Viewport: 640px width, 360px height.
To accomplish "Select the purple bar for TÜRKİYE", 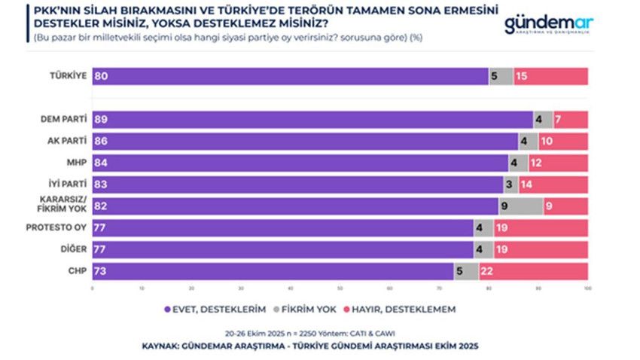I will point(290,76).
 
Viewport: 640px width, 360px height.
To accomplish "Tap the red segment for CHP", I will point(533,271).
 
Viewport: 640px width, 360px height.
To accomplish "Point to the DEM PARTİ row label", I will point(64,119).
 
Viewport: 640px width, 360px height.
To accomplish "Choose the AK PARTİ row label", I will point(66,141).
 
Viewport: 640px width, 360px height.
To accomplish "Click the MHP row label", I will point(76,163).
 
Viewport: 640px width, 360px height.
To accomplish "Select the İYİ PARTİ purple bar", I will point(297,185).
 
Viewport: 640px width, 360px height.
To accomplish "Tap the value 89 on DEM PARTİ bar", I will point(101,119).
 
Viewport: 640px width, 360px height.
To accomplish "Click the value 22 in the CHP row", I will point(486,271).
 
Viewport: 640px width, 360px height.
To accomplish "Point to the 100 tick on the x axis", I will point(587,288).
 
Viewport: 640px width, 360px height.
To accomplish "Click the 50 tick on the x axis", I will point(340,288).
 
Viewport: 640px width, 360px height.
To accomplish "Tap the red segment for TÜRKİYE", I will point(550,76).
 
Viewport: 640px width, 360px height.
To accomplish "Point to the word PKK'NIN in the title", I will point(56,11).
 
